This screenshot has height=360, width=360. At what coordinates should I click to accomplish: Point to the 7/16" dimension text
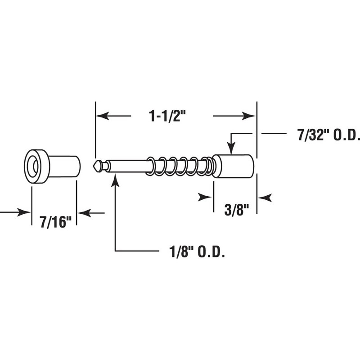[55, 222]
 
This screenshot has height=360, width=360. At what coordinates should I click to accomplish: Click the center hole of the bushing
[34, 166]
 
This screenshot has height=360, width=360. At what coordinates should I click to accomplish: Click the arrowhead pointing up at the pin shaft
[116, 179]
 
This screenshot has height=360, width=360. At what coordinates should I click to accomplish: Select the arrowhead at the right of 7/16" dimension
[83, 212]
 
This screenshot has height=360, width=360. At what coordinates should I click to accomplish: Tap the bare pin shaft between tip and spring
[128, 166]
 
